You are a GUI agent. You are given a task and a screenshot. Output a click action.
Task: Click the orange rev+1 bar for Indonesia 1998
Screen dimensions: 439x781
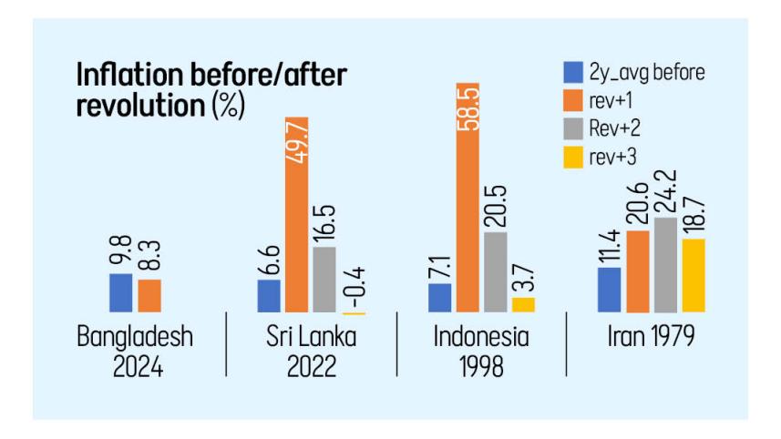(468, 196)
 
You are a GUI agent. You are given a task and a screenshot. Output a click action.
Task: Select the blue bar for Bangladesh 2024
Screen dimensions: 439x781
(121, 292)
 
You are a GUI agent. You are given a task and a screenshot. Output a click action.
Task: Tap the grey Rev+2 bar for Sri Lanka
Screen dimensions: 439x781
(324, 280)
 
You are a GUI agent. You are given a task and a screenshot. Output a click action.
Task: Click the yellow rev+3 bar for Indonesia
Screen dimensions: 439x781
(523, 304)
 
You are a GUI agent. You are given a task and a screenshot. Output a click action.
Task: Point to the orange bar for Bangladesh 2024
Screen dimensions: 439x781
(149, 295)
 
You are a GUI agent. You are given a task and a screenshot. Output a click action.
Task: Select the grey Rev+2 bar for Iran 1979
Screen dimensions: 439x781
(665, 265)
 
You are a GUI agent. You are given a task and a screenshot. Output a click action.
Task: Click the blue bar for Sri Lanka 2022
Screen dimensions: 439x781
(269, 295)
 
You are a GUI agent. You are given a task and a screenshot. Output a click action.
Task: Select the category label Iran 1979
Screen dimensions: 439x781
(652, 337)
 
